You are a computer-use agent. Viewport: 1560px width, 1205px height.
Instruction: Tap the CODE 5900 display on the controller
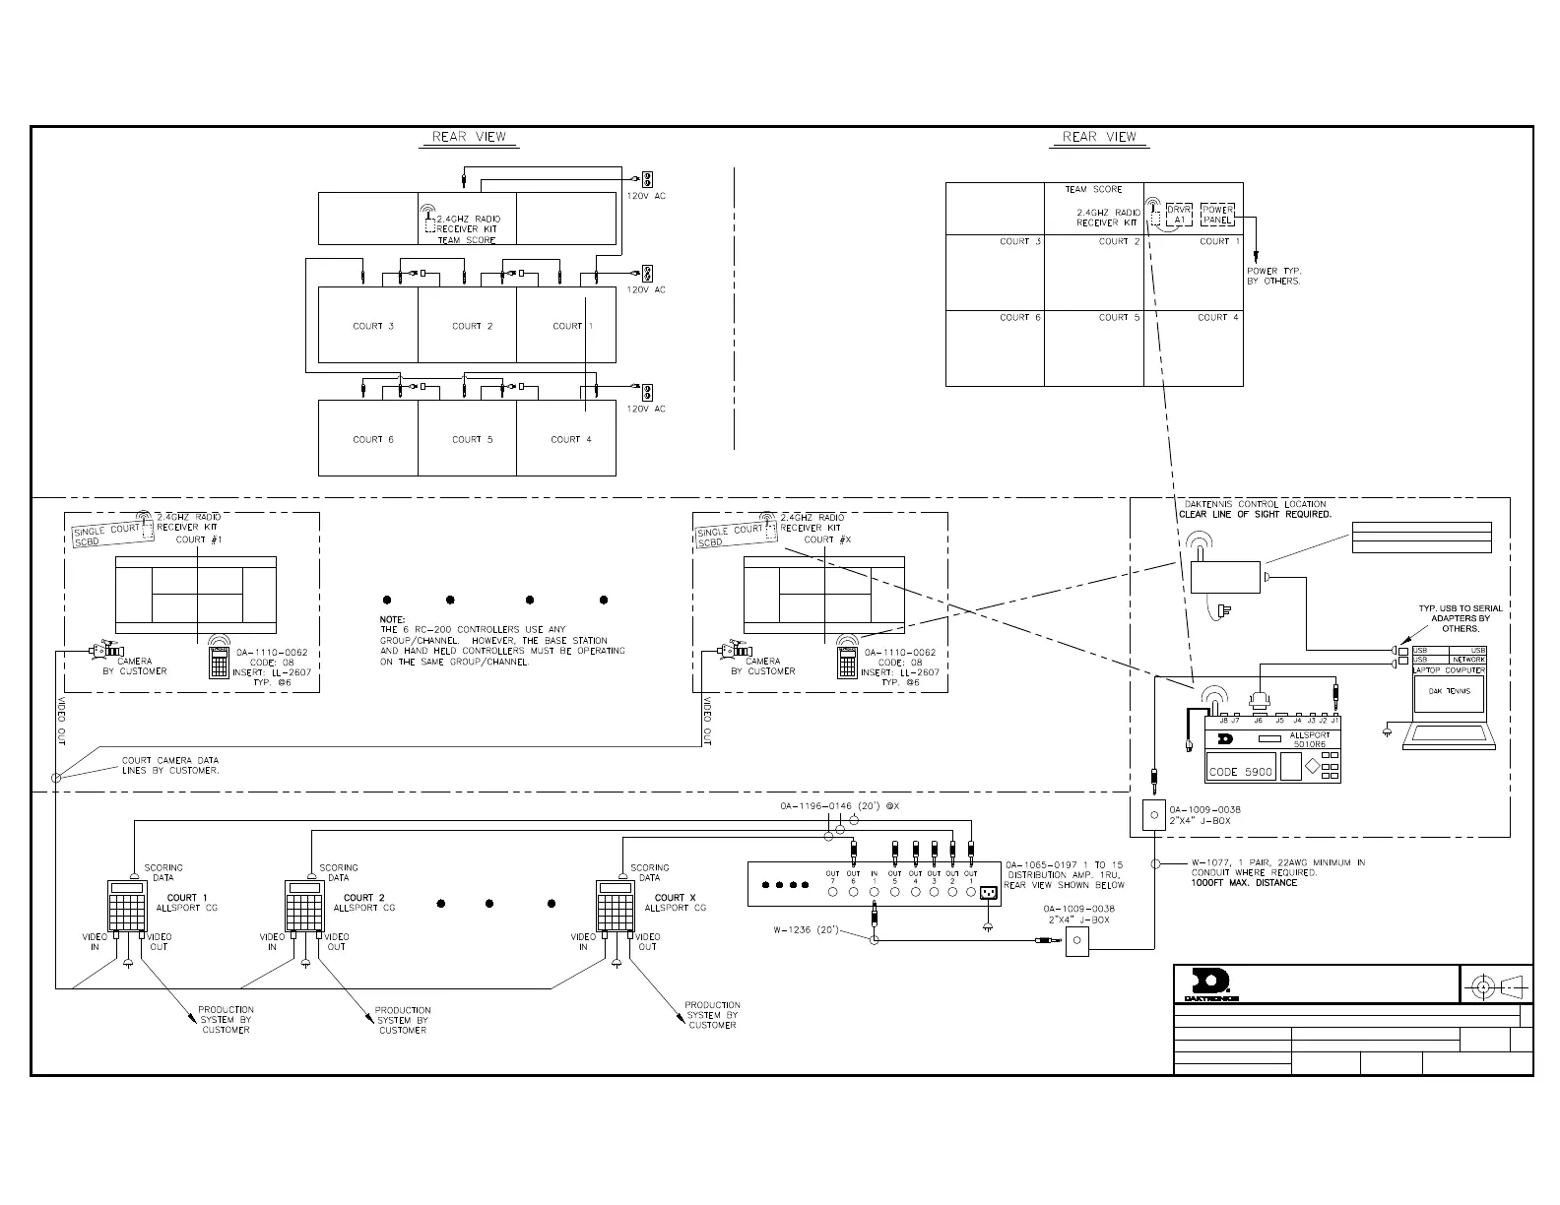pos(1240,772)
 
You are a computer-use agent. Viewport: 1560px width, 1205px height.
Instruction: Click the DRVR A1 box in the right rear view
pos(1179,215)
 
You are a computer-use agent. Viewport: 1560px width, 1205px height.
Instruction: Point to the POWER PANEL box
pos(1218,215)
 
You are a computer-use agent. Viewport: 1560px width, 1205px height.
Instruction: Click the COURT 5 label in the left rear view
pos(472,439)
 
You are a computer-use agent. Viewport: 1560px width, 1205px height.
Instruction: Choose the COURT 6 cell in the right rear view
pos(995,348)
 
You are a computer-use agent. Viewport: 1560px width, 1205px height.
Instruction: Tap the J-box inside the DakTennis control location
pos(1153,815)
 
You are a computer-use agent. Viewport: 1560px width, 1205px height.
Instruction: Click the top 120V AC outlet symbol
pos(648,180)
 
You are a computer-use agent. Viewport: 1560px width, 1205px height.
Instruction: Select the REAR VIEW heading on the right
pos(1099,137)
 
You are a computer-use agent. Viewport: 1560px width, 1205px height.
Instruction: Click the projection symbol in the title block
pos(1496,984)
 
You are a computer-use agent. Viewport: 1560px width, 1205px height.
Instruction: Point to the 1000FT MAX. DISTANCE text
pos(1244,882)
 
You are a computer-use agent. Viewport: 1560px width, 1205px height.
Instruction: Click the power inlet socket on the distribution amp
pos(986,893)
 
